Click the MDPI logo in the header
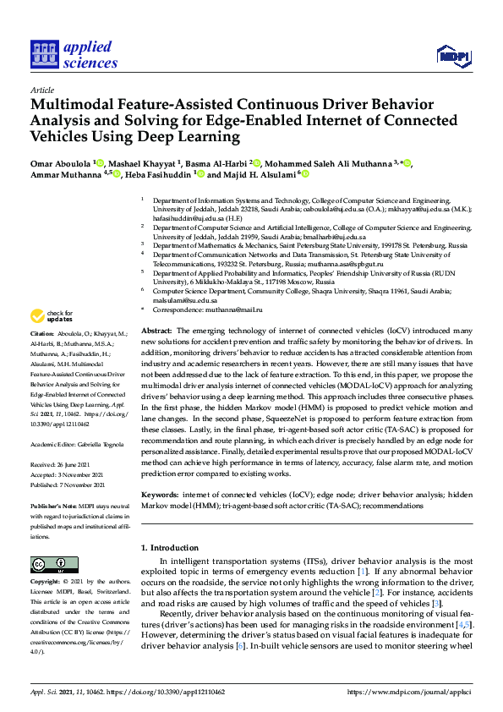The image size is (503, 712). (x=453, y=57)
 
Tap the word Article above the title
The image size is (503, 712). (x=41, y=89)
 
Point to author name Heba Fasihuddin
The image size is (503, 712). (x=159, y=174)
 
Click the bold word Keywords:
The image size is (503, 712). (x=159, y=494)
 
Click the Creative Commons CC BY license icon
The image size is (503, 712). (x=48, y=565)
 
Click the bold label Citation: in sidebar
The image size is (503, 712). (x=44, y=358)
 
